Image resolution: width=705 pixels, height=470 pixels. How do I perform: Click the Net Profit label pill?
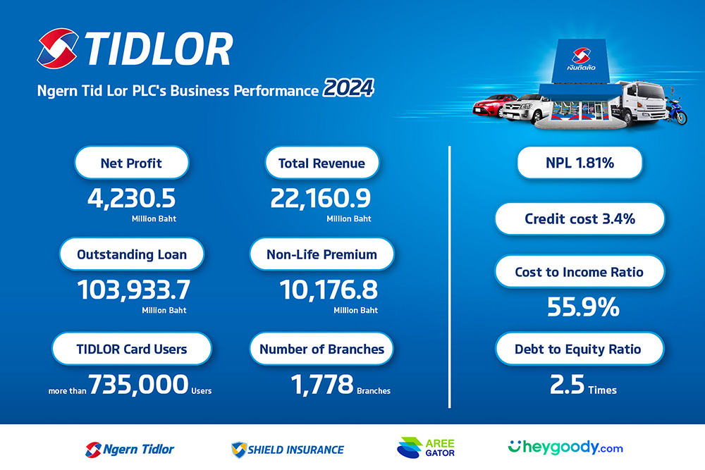tap(131, 163)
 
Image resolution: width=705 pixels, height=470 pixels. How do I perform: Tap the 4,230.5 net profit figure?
tap(131, 197)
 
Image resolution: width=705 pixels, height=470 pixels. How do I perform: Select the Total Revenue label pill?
tap(321, 163)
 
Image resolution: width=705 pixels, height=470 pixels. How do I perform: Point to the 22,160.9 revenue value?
tap(321, 197)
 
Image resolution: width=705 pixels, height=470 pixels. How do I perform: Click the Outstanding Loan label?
tap(132, 254)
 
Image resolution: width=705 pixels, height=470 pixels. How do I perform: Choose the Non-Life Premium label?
tap(321, 254)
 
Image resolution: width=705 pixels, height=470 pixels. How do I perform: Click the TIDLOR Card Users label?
tap(132, 348)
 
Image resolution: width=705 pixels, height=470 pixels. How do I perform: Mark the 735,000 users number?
tap(139, 385)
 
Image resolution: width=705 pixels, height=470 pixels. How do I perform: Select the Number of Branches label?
tap(321, 348)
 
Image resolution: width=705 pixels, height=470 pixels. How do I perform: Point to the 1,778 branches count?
tap(322, 385)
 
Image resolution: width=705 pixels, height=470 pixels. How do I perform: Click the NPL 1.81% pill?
tap(580, 163)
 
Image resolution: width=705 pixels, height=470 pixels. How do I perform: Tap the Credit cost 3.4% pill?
tap(580, 218)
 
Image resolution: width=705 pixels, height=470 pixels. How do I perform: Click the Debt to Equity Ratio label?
tap(580, 348)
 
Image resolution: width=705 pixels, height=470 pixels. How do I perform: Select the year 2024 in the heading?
tap(348, 90)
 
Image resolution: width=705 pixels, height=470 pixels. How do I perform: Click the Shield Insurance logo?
tap(288, 449)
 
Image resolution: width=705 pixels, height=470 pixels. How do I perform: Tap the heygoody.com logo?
tap(565, 447)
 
